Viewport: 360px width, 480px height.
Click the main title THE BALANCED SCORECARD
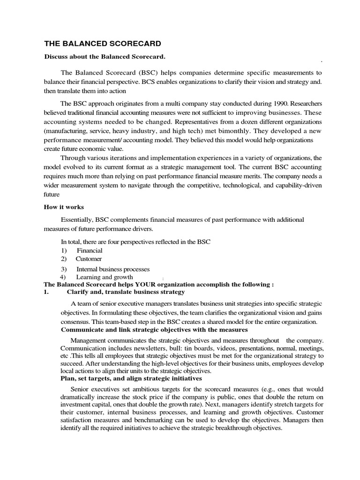click(x=102, y=44)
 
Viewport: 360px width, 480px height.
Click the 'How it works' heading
click(x=64, y=207)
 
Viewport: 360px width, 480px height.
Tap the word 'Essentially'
click(x=77, y=220)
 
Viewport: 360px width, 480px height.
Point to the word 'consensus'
click(x=75, y=322)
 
